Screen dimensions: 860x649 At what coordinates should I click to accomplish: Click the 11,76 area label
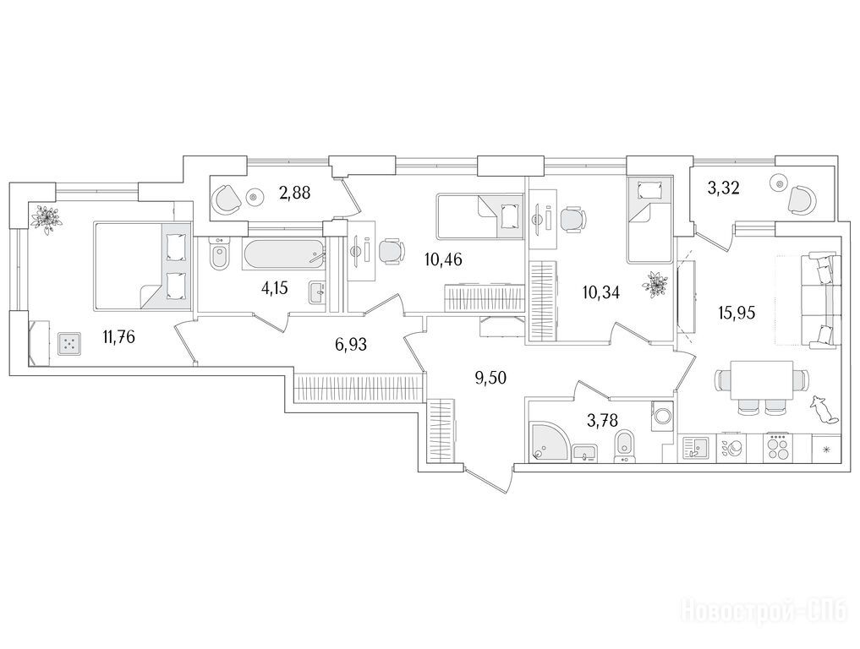pos(118,336)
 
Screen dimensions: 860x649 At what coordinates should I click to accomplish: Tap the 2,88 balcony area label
pos(294,193)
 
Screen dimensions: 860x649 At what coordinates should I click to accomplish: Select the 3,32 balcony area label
pos(724,188)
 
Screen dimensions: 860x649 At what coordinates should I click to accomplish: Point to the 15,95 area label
pos(737,313)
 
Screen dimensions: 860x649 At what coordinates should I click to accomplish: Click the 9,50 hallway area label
pos(490,378)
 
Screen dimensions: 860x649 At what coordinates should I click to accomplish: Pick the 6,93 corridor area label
pos(350,345)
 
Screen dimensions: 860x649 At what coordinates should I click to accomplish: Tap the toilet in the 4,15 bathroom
pos(220,254)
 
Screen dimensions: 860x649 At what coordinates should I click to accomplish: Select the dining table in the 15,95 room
pos(762,380)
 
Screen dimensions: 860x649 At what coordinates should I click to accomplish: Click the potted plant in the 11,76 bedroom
pos(46,218)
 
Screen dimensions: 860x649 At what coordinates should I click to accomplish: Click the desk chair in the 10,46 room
pos(392,252)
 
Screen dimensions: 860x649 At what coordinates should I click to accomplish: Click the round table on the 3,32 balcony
pos(779,183)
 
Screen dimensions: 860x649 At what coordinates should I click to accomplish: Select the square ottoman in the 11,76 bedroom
pos(68,345)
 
